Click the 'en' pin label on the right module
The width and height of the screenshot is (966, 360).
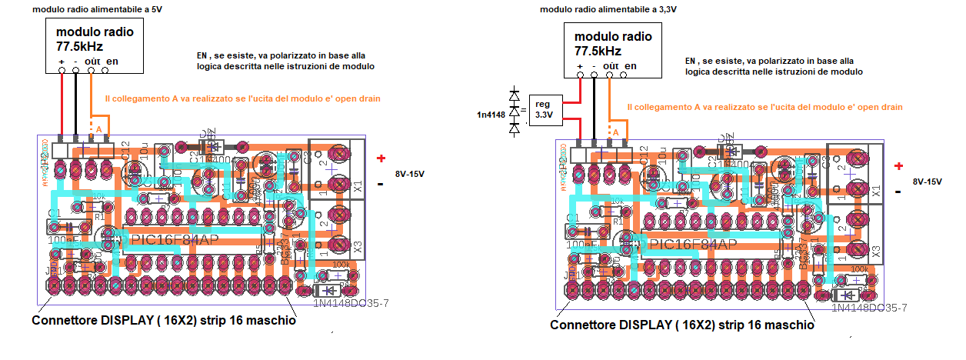point(630,66)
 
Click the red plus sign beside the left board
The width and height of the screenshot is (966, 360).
point(381,158)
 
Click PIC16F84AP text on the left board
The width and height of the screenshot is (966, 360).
point(175,240)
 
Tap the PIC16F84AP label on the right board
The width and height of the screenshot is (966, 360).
point(693,245)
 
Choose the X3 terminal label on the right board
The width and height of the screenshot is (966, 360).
point(876,251)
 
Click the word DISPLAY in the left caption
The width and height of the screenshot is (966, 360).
point(127,321)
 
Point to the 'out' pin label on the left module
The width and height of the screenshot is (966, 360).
point(94,62)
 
